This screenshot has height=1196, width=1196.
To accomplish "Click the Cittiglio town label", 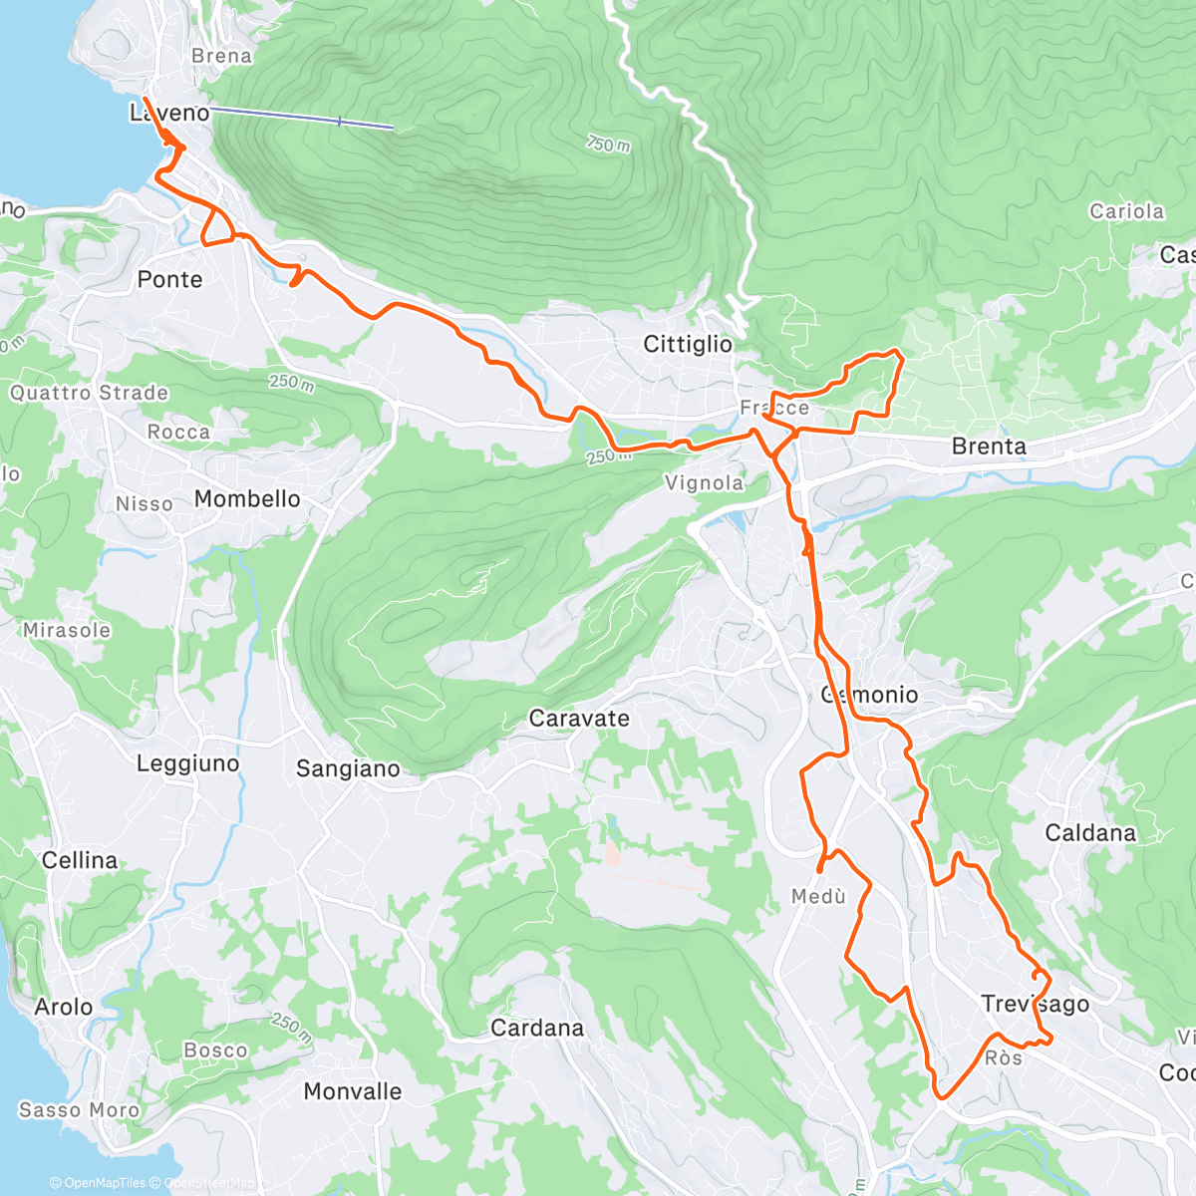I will pyautogui.click(x=688, y=345).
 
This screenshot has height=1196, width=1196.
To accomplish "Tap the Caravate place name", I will pyautogui.click(x=579, y=719).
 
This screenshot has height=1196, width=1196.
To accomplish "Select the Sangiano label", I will pyautogui.click(x=348, y=769).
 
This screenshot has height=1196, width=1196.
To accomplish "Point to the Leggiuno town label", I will pyautogui.click(x=188, y=764).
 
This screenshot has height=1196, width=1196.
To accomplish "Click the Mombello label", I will pyautogui.click(x=247, y=499).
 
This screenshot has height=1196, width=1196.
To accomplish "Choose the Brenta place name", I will pyautogui.click(x=989, y=447).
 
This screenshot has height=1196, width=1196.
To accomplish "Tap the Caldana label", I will pyautogui.click(x=1090, y=833).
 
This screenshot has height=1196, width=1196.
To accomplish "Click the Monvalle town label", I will pyautogui.click(x=353, y=1092).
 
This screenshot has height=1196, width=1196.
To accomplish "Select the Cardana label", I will pyautogui.click(x=537, y=1029).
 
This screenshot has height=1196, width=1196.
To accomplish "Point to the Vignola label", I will pyautogui.click(x=705, y=483).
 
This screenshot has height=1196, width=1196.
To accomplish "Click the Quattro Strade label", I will pyautogui.click(x=89, y=393).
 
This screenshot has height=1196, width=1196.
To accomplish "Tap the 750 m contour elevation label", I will pyautogui.click(x=608, y=145).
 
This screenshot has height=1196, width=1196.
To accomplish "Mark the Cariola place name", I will pyautogui.click(x=1126, y=211).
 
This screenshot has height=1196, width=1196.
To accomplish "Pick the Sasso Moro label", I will pyautogui.click(x=79, y=1110).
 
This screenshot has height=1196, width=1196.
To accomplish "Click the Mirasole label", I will pyautogui.click(x=67, y=631).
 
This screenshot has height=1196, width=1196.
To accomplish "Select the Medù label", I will pyautogui.click(x=818, y=897).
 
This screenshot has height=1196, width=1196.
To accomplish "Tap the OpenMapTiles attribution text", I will pyautogui.click(x=105, y=1184).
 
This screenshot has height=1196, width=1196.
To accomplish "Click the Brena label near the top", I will pyautogui.click(x=221, y=57).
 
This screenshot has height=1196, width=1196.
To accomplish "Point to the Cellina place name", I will pyautogui.click(x=80, y=861).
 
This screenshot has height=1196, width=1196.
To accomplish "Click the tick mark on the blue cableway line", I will pyautogui.click(x=340, y=122).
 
